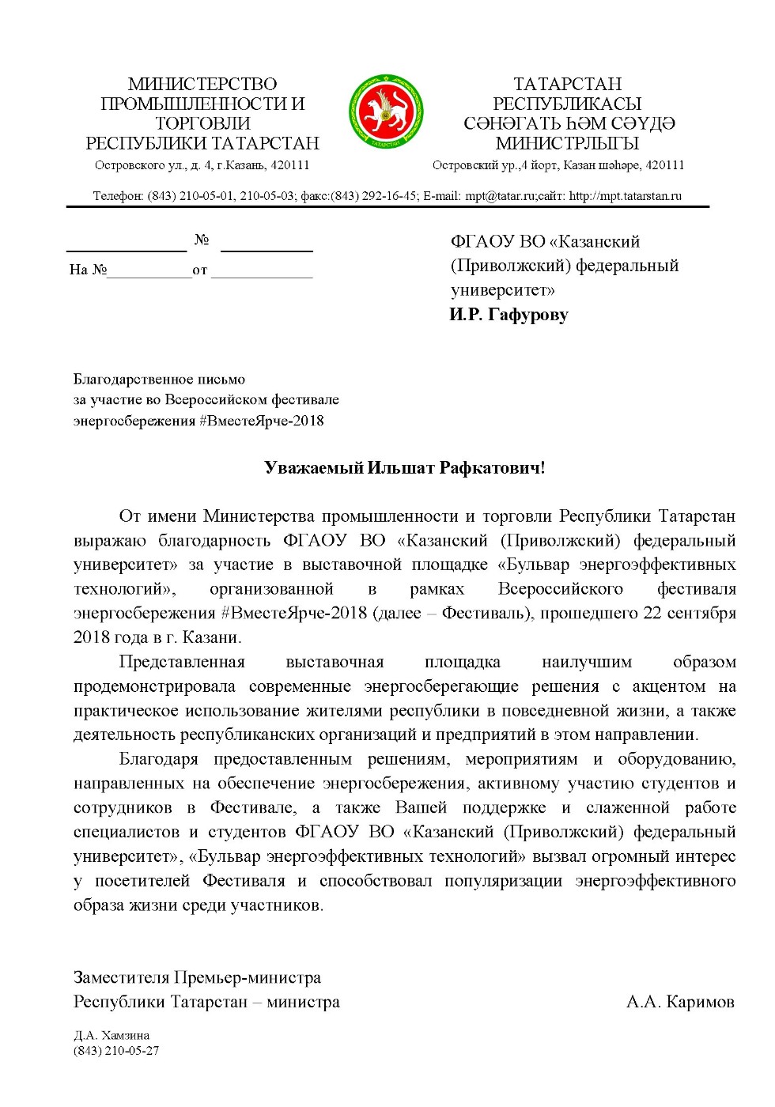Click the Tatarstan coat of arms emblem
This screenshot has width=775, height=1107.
387,111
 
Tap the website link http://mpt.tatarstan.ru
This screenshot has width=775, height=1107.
625,196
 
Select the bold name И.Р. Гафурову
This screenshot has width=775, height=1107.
508,315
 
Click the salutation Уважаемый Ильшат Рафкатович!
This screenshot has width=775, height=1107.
404,467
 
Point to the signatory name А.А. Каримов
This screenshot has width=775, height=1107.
680,1002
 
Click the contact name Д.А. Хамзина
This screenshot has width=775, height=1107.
112,1035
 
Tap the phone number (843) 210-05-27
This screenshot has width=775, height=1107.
116,1051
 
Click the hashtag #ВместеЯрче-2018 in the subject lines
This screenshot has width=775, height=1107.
262,421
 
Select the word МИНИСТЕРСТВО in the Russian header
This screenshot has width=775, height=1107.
202,84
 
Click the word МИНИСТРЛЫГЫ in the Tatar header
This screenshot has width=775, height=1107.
567,143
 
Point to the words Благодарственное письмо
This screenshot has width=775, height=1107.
159,380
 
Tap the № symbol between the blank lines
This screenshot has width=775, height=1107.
202,240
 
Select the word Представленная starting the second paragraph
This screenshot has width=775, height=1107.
182,662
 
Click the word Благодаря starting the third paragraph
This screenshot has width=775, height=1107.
158,759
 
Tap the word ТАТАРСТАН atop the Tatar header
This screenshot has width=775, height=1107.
567,84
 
